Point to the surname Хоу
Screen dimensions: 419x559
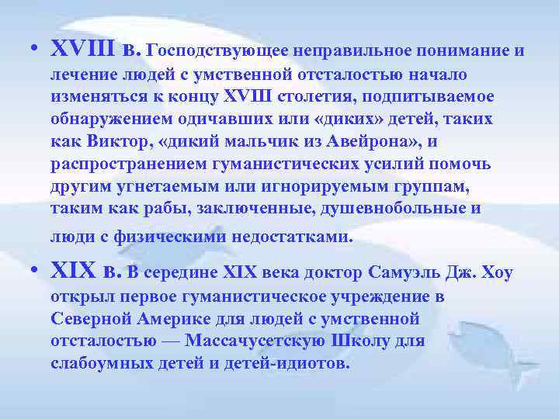point(498,273)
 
